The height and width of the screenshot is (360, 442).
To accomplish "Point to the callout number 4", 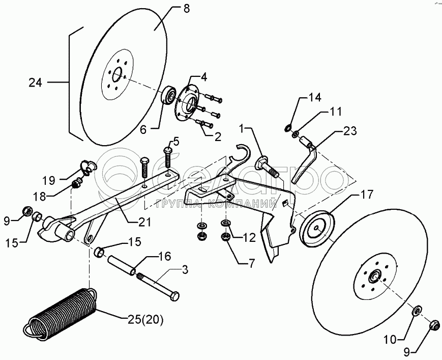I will coord(203,77).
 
